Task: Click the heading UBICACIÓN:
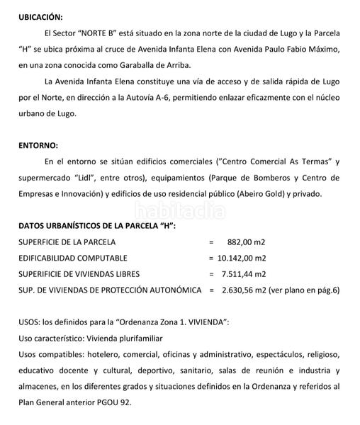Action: coord(40,16)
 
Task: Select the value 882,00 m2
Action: coord(247,242)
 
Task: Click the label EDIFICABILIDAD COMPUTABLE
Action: coord(73,258)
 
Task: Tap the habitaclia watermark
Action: coord(179,210)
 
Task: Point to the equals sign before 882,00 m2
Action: coord(211,242)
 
